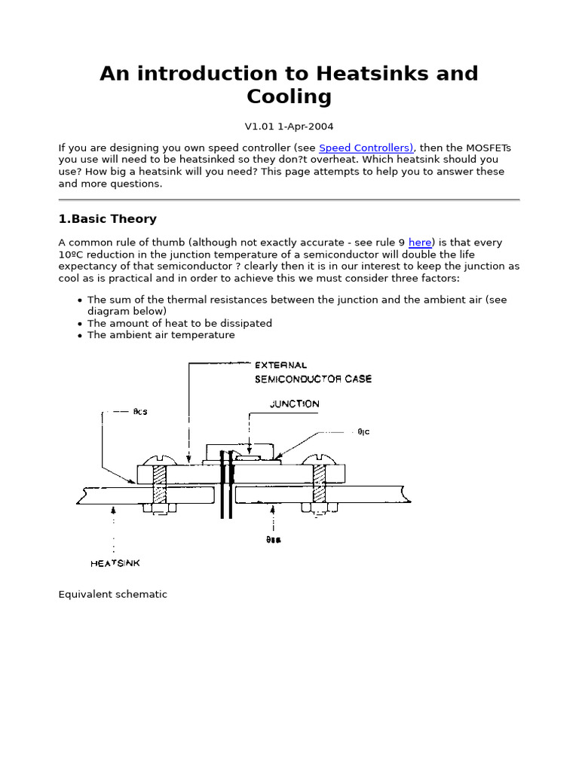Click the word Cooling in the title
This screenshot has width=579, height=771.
coord(289,96)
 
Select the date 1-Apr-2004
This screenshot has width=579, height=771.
coord(306,127)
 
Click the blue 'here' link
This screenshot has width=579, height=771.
coord(420,242)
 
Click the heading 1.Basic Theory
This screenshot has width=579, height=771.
coord(108,219)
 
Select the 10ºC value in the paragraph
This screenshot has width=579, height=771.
coord(74,254)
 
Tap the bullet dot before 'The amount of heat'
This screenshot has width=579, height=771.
coord(80,324)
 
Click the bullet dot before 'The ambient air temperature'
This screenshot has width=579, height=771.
coord(80,336)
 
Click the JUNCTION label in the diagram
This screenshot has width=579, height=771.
coord(294,404)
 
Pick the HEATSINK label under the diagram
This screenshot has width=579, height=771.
coord(115,562)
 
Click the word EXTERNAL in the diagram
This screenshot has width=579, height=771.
coord(280,365)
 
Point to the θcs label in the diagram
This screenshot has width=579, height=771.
coord(140,412)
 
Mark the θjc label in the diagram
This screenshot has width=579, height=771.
coord(363,432)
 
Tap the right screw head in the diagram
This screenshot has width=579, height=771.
coord(317,459)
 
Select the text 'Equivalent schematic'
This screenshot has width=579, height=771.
coord(113,594)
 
